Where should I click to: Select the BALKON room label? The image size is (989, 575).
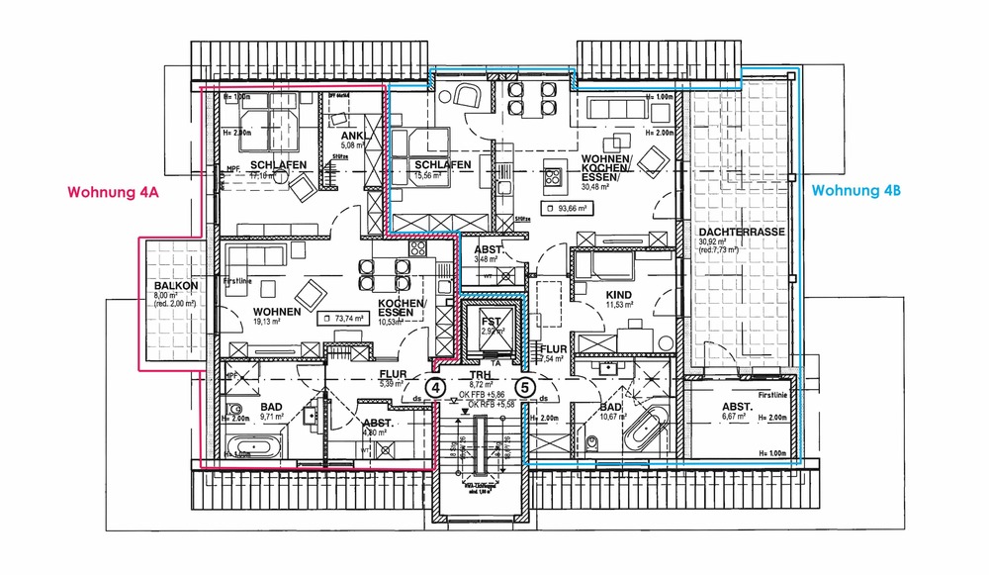174,287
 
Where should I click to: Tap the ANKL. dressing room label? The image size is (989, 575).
353,137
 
